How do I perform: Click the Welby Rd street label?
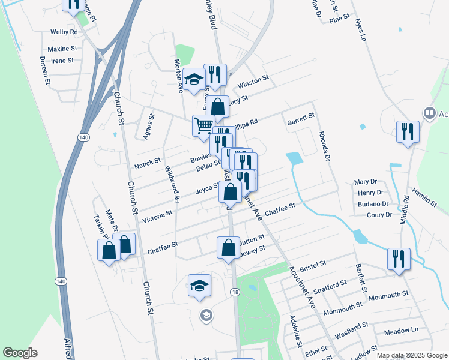tap(65, 31)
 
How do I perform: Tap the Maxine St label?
tap(62, 49)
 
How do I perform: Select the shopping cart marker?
tap(203, 125)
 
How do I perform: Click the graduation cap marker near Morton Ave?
tap(194, 79)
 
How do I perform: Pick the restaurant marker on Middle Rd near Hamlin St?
tap(408, 131)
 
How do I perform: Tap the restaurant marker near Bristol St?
tap(399, 259)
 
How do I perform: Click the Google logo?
tap(20, 353)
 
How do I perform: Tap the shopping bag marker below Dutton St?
tap(229, 247)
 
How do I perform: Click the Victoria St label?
tap(157, 217)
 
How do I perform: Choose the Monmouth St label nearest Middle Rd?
tap(388, 295)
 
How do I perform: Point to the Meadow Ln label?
tap(401, 331)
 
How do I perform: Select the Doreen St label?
tap(44, 70)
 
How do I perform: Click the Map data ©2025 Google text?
tap(411, 355)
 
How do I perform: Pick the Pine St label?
tap(340, 20)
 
